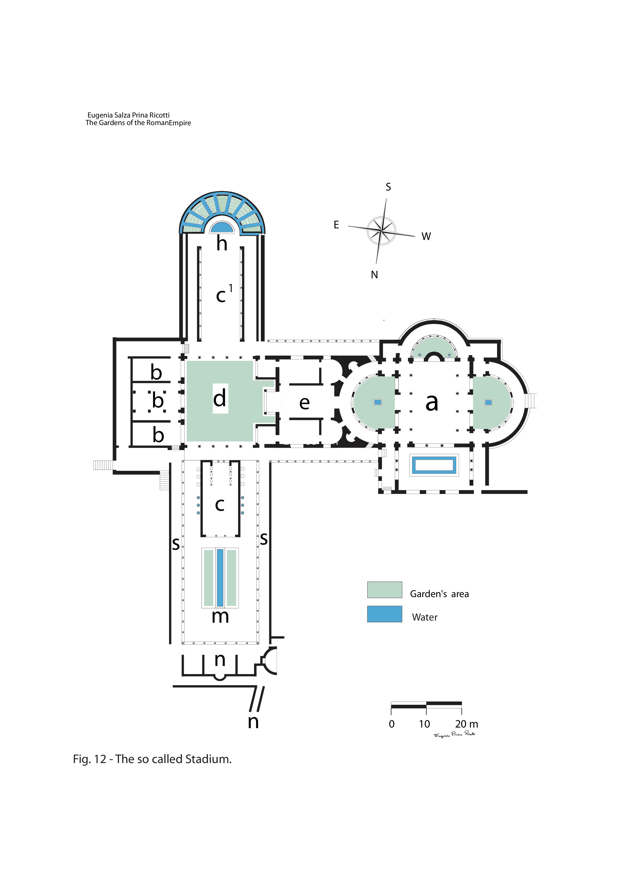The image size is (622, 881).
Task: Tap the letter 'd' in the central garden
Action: coord(220,398)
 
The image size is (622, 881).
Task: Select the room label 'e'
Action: coord(304,403)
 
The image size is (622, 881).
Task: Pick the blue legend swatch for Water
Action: coord(384,614)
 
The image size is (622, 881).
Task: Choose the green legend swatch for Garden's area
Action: coord(384,590)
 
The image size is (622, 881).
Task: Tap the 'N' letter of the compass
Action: coord(374,275)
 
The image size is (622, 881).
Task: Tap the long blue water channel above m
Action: coord(220,578)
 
